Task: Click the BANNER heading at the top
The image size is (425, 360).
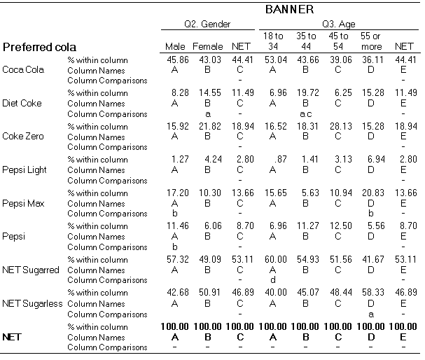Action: [x=289, y=10]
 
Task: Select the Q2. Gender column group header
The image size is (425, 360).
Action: [x=207, y=24]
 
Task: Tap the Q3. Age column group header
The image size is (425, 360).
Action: [x=339, y=25]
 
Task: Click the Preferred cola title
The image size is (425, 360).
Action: [x=39, y=47]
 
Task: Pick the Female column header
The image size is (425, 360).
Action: [x=208, y=47]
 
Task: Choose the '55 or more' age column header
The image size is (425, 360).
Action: [x=371, y=41]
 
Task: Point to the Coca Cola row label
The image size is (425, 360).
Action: [x=23, y=69]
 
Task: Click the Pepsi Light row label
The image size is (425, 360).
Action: [x=25, y=170]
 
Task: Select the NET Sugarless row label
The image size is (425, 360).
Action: [x=32, y=303]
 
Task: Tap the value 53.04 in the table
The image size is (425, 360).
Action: [x=276, y=60]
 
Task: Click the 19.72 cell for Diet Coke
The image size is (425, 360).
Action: [x=308, y=93]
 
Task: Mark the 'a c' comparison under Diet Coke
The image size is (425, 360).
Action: [x=306, y=114]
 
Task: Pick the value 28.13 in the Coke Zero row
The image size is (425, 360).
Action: [x=341, y=126]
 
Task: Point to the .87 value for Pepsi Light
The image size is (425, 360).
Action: [x=281, y=159]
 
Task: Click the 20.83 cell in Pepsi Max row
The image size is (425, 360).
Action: [x=373, y=193]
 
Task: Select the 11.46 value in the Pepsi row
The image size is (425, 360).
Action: [x=178, y=226]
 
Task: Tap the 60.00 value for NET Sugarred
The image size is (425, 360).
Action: [x=276, y=259]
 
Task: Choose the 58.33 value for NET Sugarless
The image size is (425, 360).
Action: [x=373, y=293]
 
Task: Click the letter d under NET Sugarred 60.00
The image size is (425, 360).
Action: [x=273, y=279]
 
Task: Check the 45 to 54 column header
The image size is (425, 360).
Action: [x=338, y=41]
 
